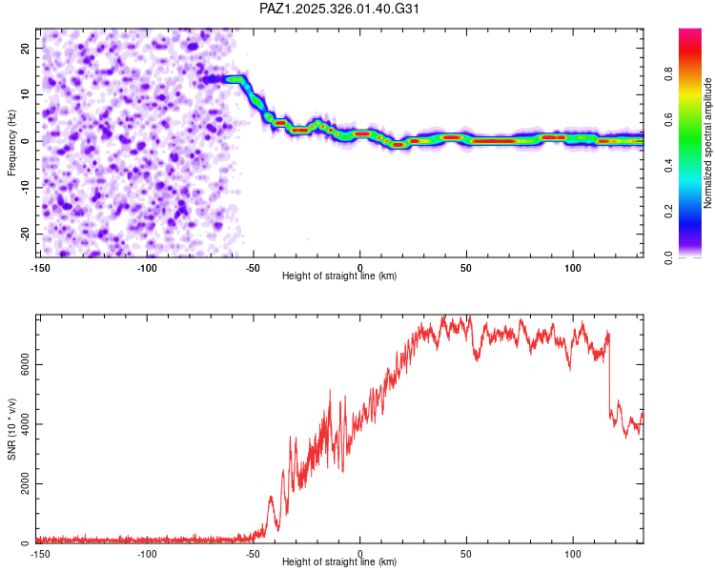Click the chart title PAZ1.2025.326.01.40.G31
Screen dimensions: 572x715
[x=340, y=9]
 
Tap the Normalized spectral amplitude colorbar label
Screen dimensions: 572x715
[x=708, y=143]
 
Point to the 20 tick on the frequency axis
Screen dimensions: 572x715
[x=26, y=48]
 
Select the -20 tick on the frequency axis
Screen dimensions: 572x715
[x=24, y=234]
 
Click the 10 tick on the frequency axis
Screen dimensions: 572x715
[x=26, y=94]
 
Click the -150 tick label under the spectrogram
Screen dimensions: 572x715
[x=40, y=268]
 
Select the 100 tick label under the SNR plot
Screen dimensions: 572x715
[x=573, y=554]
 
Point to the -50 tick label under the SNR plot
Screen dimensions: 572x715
[x=253, y=554]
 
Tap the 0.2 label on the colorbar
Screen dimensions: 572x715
[x=670, y=212]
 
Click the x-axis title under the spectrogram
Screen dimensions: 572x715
[x=340, y=276]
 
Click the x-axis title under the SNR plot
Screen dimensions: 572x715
[x=340, y=562]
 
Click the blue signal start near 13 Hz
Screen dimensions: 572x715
[x=229, y=79]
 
